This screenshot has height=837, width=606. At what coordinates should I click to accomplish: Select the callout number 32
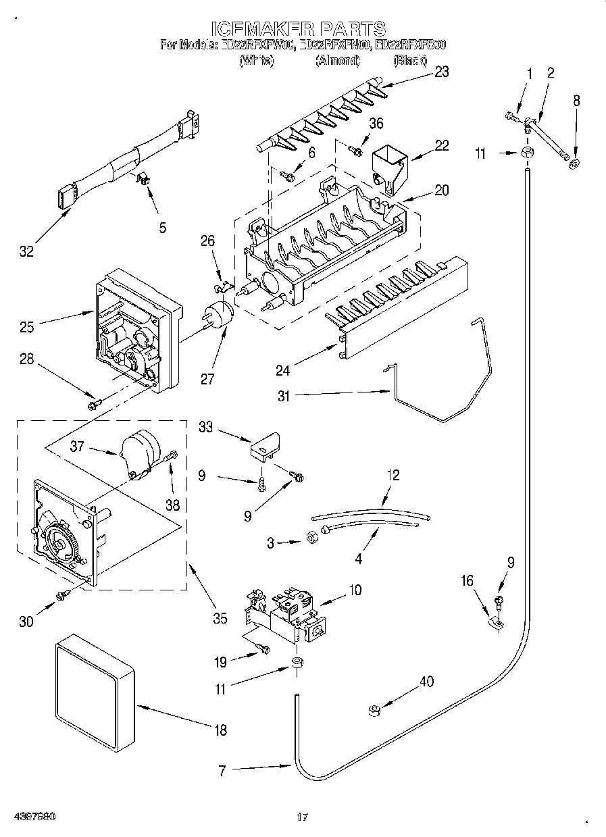[26, 253]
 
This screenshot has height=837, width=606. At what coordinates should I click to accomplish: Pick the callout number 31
[283, 397]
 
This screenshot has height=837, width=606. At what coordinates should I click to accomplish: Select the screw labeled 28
[93, 404]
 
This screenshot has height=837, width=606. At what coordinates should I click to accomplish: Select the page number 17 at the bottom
[303, 817]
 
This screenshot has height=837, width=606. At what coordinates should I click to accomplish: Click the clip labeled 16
[495, 624]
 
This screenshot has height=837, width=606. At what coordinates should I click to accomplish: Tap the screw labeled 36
[353, 149]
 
